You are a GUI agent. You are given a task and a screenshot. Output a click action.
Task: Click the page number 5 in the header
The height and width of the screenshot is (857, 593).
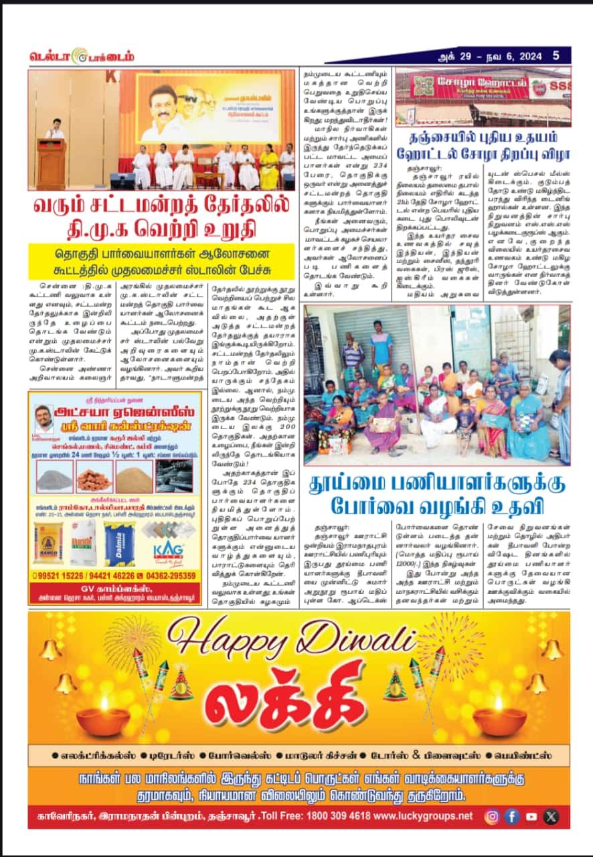[556, 56]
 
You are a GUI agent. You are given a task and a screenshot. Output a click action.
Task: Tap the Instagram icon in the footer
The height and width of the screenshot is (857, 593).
[492, 816]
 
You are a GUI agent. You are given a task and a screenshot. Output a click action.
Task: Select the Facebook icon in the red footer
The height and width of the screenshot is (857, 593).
[512, 816]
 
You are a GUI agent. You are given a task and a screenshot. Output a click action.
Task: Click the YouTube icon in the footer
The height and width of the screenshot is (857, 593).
[531, 816]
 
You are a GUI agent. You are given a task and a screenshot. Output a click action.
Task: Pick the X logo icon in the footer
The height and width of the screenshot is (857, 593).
[551, 816]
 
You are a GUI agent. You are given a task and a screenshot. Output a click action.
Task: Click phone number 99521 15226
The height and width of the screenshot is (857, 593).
[62, 575]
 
